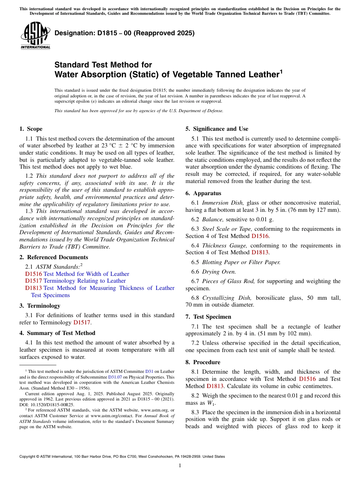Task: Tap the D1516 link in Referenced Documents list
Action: [x=33, y=274]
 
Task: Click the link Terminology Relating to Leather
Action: [x=85, y=281]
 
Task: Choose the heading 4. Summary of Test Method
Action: [x=57, y=333]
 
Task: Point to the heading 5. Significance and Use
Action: [x=217, y=129]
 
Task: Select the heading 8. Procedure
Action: [x=203, y=362]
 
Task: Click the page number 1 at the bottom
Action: [x=180, y=466]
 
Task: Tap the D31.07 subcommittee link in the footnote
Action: [x=115, y=377]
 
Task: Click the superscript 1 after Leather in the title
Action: [x=281, y=71]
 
